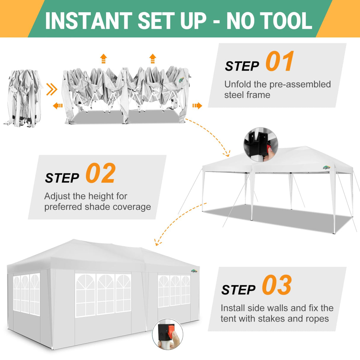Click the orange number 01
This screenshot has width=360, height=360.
click(279, 61)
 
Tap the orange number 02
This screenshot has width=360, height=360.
click(100, 174)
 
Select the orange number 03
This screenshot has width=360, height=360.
click(277, 285)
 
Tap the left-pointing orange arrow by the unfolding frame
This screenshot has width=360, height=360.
click(58, 106)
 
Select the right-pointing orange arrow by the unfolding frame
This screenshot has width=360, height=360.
click(197, 106)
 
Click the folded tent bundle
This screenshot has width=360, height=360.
click(22, 98)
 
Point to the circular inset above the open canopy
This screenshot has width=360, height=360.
click(261, 145)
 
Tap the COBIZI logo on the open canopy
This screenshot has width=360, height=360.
click(326, 168)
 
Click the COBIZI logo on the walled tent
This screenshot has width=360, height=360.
click(194, 270)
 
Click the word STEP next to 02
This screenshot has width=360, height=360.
click(62, 178)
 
